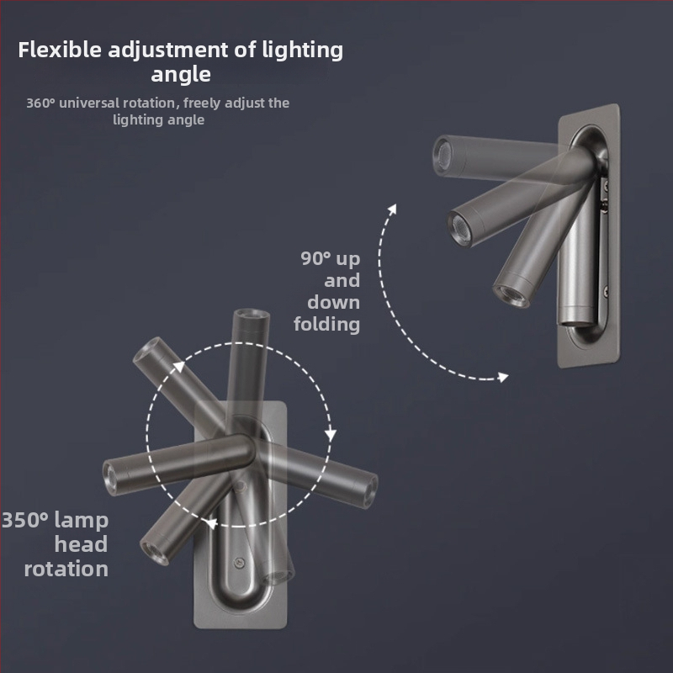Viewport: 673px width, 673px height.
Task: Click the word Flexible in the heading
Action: tap(60, 50)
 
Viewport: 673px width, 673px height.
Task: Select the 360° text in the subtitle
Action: tap(40, 103)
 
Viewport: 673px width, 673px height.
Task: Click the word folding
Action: tap(326, 324)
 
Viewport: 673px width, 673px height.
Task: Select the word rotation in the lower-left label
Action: tap(66, 570)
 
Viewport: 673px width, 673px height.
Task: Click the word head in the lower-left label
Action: tap(81, 544)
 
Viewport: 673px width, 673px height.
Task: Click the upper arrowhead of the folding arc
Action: tap(392, 209)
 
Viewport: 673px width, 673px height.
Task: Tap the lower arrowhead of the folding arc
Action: tap(503, 377)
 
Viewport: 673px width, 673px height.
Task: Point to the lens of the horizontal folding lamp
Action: tap(443, 156)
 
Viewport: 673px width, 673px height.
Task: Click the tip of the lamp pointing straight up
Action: tap(252, 313)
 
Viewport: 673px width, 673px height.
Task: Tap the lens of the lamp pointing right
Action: tap(371, 491)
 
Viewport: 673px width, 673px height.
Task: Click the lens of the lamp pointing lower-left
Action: tap(151, 554)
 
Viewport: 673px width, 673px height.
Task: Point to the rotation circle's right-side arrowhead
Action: tap(330, 435)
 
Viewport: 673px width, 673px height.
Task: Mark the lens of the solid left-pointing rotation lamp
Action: tap(110, 478)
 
